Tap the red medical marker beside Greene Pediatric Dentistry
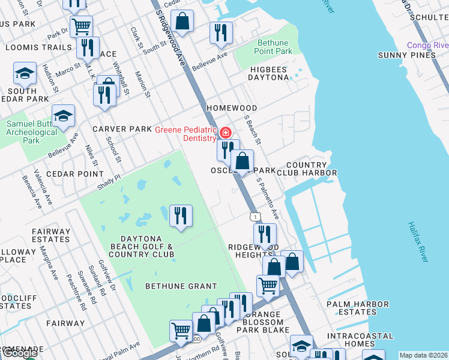(226, 132)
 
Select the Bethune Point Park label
(274, 47)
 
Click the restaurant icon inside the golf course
(181, 215)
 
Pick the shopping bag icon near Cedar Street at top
(182, 22)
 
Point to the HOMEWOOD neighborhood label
(232, 108)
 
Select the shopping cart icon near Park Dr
(81, 26)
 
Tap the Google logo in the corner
(19, 353)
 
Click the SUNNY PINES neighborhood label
(406, 55)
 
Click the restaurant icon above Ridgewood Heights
(265, 235)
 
